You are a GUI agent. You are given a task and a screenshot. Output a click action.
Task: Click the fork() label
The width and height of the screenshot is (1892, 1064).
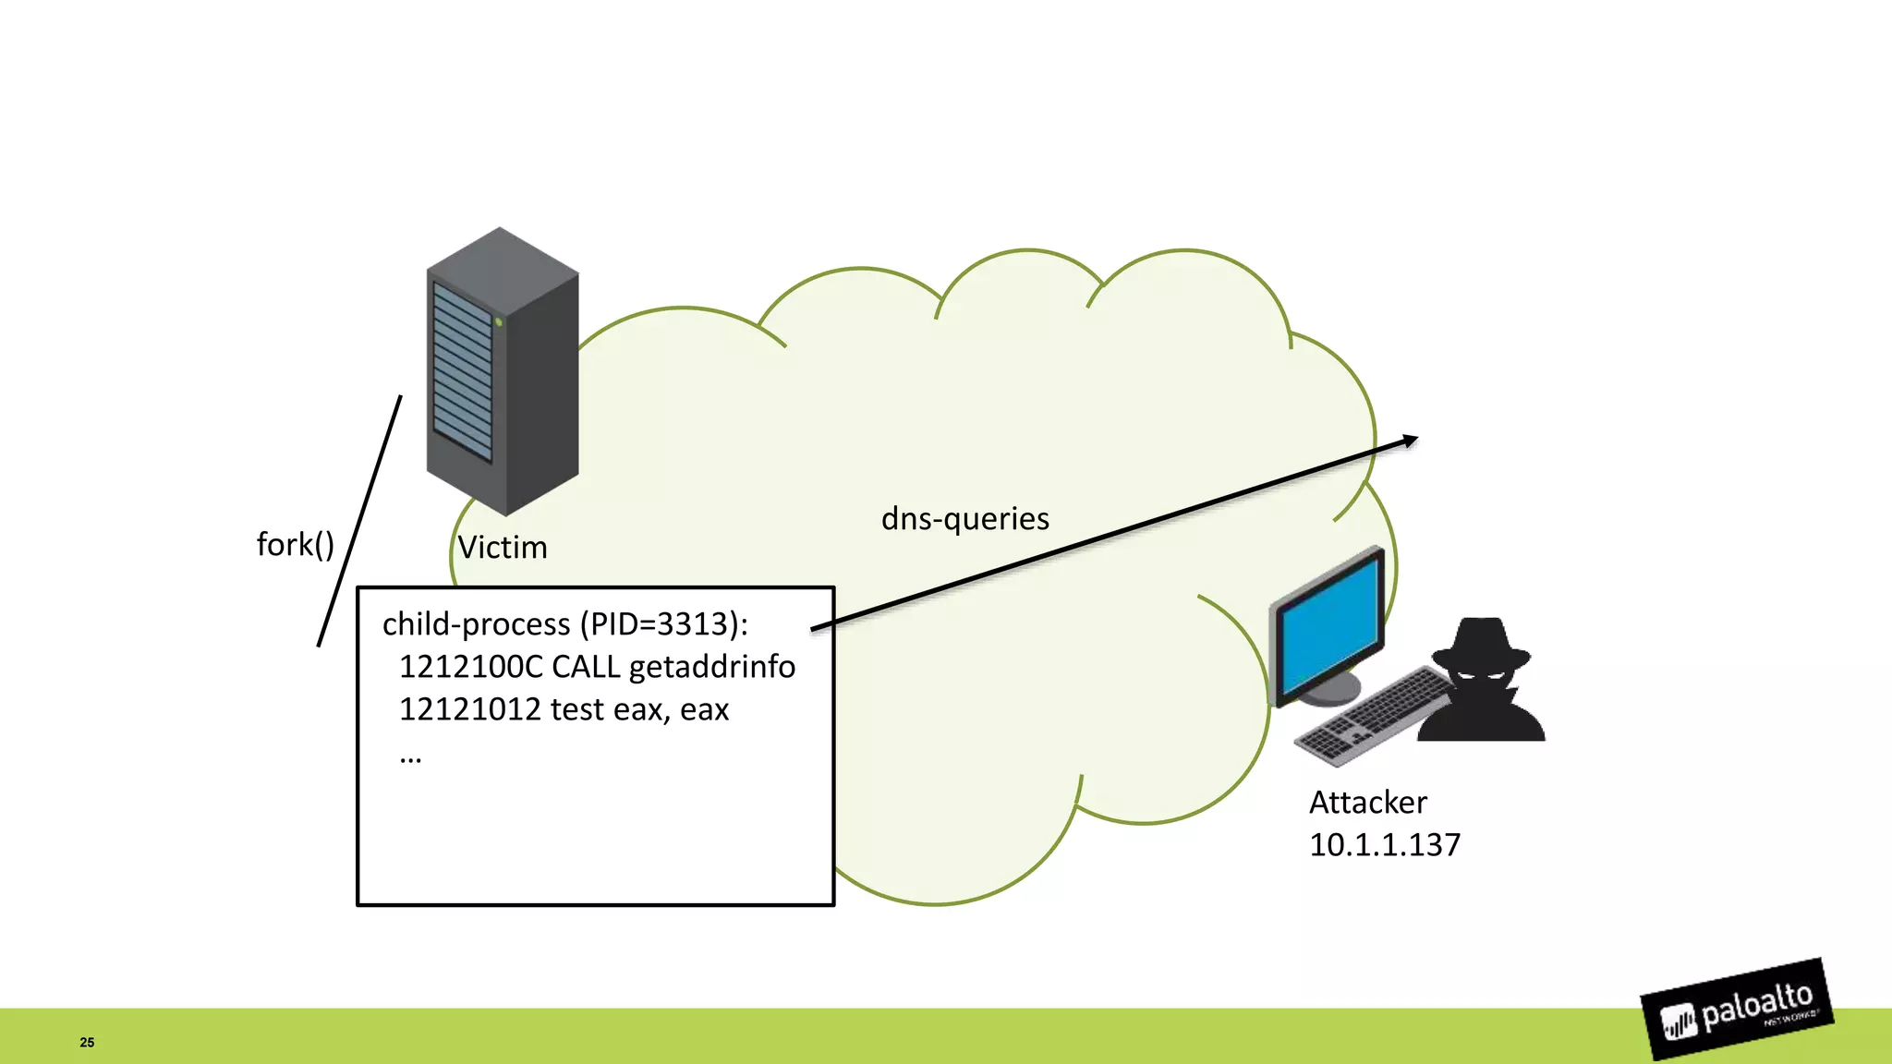tap(295, 545)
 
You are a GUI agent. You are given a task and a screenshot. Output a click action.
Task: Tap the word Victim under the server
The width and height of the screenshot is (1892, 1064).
tap(503, 548)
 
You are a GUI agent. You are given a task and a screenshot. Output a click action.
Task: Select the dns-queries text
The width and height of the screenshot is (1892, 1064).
tap(964, 519)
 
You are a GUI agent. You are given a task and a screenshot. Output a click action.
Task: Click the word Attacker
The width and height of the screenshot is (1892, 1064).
tap(1367, 803)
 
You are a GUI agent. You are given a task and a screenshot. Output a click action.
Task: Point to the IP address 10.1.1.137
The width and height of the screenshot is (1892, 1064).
tap(1384, 845)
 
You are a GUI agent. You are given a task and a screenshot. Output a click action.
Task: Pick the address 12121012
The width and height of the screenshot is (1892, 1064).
tap(469, 709)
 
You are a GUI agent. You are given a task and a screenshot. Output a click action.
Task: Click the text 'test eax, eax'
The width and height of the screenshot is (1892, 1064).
tap(639, 709)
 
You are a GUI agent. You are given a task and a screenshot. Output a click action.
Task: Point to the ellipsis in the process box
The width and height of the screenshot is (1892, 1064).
tap(410, 757)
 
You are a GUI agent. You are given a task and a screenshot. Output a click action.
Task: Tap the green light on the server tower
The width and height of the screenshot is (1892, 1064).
tap(498, 321)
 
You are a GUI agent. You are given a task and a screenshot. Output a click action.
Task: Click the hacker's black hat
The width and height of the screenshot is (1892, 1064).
tap(1481, 645)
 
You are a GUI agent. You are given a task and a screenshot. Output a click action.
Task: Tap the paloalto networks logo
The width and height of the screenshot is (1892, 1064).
tap(1737, 1010)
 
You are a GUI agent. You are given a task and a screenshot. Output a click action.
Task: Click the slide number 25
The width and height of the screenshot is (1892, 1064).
tap(87, 1042)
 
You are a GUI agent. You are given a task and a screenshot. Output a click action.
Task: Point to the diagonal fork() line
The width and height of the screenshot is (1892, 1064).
tap(359, 522)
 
